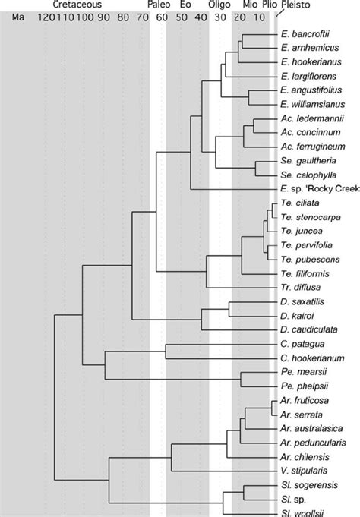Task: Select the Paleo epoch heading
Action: click(x=159, y=5)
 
